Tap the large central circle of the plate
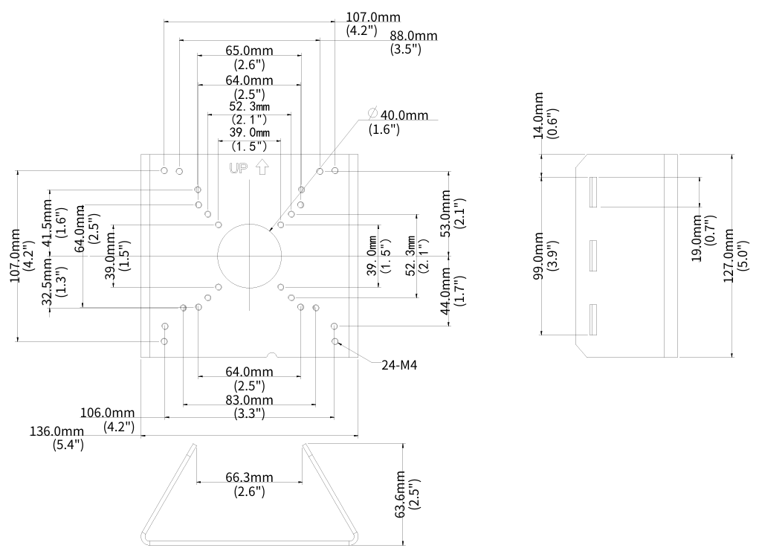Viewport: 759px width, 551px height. (x=250, y=256)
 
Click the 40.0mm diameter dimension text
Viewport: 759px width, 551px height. (x=404, y=115)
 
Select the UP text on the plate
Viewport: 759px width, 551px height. (x=238, y=169)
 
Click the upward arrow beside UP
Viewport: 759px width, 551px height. (x=261, y=169)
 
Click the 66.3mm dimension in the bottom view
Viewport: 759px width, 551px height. (x=250, y=477)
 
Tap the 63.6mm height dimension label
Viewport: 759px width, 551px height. (x=401, y=494)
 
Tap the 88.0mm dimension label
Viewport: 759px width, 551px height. (x=413, y=36)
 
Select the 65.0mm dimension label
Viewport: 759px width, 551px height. (x=249, y=52)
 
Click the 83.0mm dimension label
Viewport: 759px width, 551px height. (x=249, y=400)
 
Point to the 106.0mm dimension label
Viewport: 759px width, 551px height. (x=109, y=412)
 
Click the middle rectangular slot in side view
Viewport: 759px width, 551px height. (x=593, y=257)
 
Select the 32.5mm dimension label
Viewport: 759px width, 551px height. (x=47, y=283)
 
